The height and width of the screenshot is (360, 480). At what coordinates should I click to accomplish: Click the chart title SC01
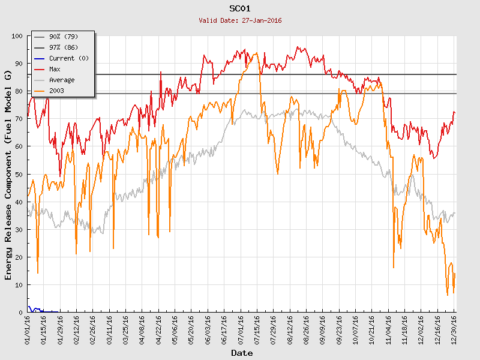(x=240, y=8)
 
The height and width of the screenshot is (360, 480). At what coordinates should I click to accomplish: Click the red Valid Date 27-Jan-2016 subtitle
(x=240, y=20)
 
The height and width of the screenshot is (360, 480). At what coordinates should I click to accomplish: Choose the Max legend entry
(x=55, y=69)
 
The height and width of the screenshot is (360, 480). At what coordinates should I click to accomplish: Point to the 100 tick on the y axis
(x=17, y=36)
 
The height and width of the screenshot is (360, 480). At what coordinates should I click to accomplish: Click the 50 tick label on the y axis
(x=19, y=174)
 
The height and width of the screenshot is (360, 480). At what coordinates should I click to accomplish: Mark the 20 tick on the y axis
(x=19, y=257)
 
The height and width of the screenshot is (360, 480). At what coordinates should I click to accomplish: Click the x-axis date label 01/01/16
(x=28, y=329)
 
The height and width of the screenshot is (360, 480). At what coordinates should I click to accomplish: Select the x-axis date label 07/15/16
(x=257, y=329)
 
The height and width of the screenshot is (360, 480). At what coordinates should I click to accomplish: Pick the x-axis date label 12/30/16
(x=454, y=329)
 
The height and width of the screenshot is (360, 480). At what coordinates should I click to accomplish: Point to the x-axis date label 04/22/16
(x=159, y=329)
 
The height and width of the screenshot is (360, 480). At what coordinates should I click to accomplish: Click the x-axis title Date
(x=242, y=353)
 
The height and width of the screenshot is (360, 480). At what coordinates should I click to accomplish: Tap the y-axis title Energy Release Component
(x=8, y=174)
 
